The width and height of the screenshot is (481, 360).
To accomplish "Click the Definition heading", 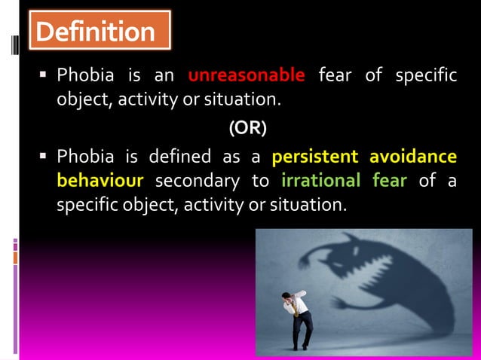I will coord(94,32).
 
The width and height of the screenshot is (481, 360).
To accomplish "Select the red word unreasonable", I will coord(247,75).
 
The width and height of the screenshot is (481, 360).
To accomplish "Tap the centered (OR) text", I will coord(247,128).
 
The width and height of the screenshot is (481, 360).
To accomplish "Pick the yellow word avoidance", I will coord(413,157).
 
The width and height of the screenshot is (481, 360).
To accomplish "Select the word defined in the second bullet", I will coord(180,157).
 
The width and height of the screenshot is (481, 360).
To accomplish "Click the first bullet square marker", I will coord(44,76).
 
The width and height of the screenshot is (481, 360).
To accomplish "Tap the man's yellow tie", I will coord(296,307).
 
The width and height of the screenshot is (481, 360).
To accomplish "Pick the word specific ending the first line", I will coord(429,75).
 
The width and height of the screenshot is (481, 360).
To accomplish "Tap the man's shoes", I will coord(301,347).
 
